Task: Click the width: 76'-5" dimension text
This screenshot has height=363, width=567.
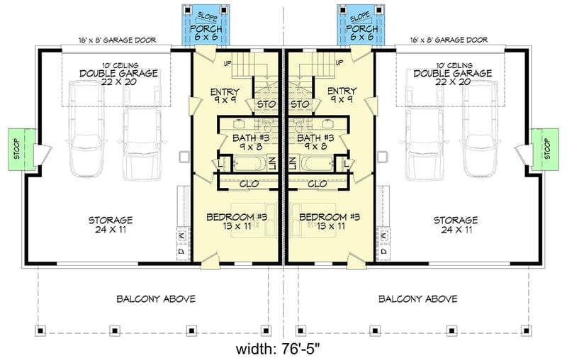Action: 283,350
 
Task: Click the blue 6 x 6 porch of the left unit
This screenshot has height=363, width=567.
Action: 203,27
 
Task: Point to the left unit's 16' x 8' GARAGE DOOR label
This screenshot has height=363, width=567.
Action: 117,40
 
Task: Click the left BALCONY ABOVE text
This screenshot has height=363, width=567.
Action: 155,298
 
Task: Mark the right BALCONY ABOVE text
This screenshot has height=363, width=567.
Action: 417,298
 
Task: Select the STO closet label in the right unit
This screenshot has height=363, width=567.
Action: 301,105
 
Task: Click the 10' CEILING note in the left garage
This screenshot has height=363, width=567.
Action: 117,64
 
